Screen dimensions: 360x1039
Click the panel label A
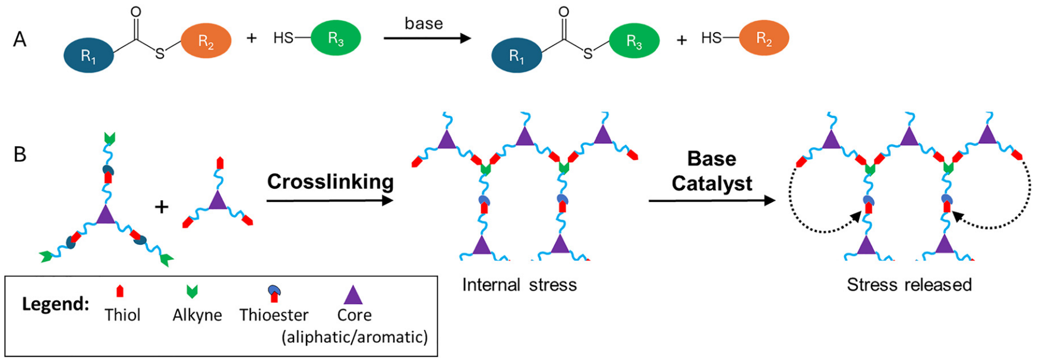[x=20, y=40]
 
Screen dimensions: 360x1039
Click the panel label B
[x=20, y=154]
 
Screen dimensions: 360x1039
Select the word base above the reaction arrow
[x=424, y=23]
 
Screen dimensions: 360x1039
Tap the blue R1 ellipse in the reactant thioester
[x=89, y=56]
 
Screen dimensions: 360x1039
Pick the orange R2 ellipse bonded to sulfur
[x=206, y=40]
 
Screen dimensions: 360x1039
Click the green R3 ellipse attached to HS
[x=336, y=38]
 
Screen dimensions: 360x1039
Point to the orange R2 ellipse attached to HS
[x=763, y=38]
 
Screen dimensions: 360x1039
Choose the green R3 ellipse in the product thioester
[x=634, y=41]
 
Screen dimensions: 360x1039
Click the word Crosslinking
[x=330, y=181]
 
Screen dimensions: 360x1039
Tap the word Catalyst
[x=712, y=184]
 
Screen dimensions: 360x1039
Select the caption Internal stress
[x=519, y=285]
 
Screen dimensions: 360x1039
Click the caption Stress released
[x=909, y=285]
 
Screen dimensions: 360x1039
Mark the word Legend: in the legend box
[x=55, y=304]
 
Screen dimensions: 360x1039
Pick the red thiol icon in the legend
[x=120, y=291]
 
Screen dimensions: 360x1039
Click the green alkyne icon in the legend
[x=192, y=291]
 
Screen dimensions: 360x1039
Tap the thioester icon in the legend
[x=274, y=293]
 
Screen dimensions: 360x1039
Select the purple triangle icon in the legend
[x=353, y=295]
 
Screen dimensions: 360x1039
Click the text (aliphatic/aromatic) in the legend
[x=355, y=337]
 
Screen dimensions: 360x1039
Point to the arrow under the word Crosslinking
[x=330, y=201]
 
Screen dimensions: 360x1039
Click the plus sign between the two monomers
[x=162, y=206]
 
